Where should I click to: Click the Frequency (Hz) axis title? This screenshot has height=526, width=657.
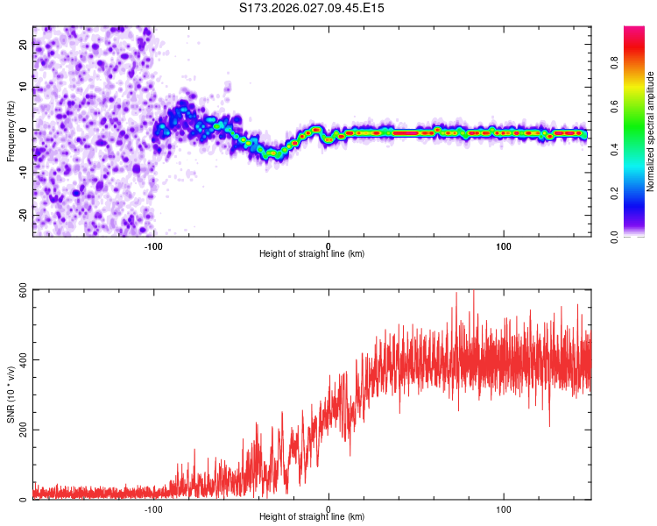[11, 131]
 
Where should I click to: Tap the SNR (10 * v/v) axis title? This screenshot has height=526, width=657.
[11, 394]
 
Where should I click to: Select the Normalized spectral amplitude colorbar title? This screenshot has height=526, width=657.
[651, 131]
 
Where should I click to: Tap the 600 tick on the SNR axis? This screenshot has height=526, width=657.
[19, 289]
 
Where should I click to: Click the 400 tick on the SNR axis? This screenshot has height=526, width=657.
[19, 359]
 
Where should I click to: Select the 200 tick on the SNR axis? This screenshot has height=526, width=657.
[19, 430]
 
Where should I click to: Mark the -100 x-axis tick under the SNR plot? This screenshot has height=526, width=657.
[153, 509]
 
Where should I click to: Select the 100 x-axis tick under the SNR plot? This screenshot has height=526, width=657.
[504, 509]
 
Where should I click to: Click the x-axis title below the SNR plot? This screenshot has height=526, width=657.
[312, 517]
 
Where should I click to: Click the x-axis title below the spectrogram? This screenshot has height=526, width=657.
[312, 254]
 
